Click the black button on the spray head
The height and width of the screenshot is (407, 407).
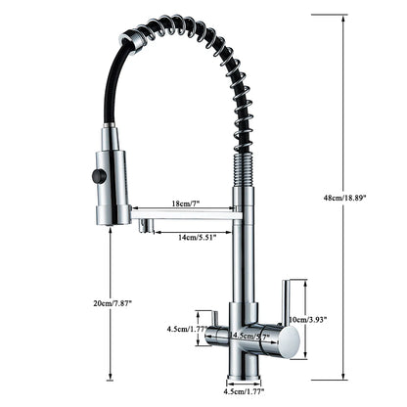(97, 176)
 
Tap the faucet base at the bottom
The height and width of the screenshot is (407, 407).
(243, 373)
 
